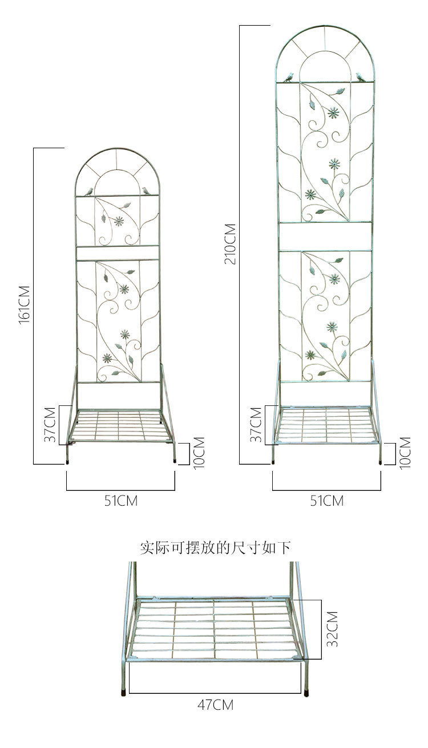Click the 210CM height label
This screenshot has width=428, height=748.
tap(231, 244)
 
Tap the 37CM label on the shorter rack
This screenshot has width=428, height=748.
tap(51, 425)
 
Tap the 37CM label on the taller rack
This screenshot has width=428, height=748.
tap(256, 425)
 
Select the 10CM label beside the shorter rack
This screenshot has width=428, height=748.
tap(198, 453)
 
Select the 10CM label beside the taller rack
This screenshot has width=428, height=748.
tap(405, 453)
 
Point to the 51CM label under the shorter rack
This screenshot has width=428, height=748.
tap(120, 501)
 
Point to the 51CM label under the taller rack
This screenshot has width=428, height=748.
tap(326, 501)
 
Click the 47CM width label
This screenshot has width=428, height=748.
tap(215, 705)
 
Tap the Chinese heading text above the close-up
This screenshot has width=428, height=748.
tap(215, 548)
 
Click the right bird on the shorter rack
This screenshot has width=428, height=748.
tap(148, 190)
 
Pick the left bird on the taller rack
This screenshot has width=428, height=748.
tap(289, 75)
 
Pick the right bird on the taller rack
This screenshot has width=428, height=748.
tap(361, 75)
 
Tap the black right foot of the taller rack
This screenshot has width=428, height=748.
tap(381, 462)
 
